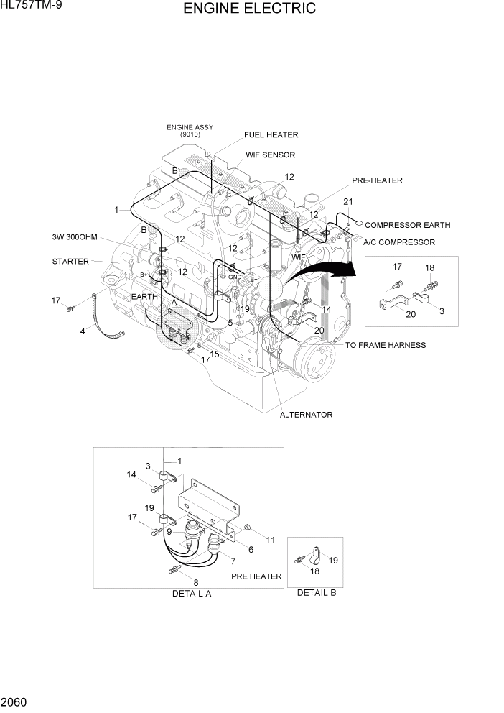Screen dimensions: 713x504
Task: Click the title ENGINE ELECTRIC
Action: point(249,9)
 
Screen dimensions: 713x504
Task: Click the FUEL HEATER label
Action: point(271,134)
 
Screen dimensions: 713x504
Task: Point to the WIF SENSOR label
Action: point(270,155)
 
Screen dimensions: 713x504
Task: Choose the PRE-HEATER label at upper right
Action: point(377,180)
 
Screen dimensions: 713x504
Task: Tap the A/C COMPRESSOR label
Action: point(398,242)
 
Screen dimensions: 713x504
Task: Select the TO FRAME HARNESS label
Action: point(385,345)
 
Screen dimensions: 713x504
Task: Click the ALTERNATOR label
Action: point(306,415)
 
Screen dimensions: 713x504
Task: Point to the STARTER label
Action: point(70,261)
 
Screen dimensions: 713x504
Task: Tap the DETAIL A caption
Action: point(192,594)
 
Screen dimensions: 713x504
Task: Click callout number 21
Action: point(348,201)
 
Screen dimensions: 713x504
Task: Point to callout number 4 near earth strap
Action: point(83,331)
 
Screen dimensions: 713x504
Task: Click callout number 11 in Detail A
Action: point(271,539)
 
